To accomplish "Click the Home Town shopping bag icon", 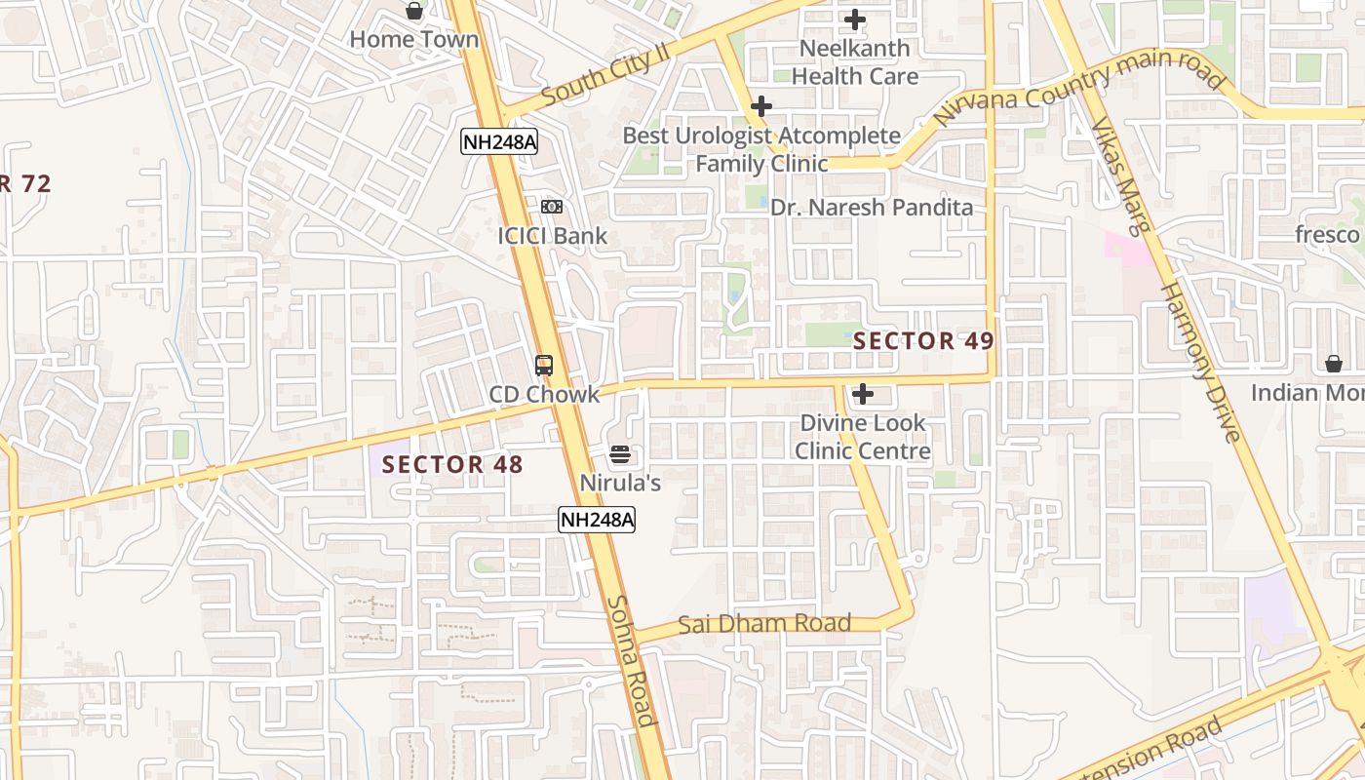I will click(x=414, y=11).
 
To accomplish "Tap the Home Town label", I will click(x=414, y=40).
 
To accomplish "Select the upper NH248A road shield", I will click(x=499, y=142).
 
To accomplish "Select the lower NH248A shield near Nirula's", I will click(x=597, y=520).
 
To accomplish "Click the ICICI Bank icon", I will click(x=552, y=207).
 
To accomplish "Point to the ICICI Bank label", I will click(x=552, y=236).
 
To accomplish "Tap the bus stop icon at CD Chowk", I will click(x=544, y=366).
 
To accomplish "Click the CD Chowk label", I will click(x=544, y=395).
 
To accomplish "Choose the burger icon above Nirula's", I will click(x=620, y=454).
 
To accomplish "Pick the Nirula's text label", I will click(x=620, y=483).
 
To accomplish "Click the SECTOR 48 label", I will click(x=452, y=465).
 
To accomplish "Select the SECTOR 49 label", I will click(x=923, y=341).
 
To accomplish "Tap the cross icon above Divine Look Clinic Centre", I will click(x=863, y=394).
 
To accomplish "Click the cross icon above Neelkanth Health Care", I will click(x=855, y=19).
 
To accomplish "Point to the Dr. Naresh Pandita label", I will click(x=872, y=208).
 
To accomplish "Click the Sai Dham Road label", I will click(x=764, y=623).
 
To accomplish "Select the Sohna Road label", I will click(x=631, y=660).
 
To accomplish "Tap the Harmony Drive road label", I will click(x=1200, y=362).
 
